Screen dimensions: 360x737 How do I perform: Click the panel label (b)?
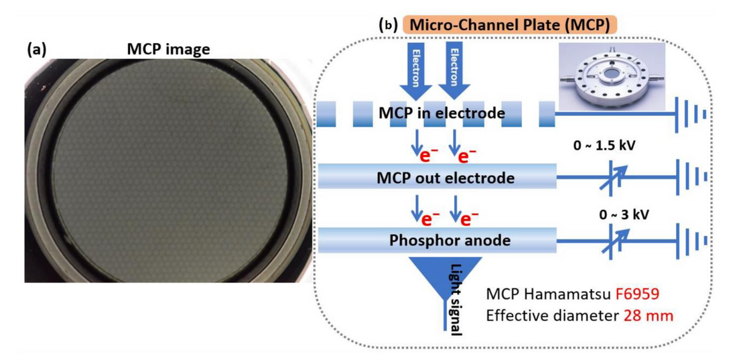tap(388, 25)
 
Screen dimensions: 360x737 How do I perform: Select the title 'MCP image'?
tap(168, 49)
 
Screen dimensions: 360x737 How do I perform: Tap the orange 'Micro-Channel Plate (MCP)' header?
tap(509, 25)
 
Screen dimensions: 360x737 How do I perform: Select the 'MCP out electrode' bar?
tap(436, 178)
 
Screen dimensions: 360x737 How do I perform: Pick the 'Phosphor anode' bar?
tap(436, 239)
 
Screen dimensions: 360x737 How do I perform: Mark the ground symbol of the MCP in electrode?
tap(691, 114)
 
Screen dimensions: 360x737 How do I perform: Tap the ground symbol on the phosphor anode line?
tap(691, 240)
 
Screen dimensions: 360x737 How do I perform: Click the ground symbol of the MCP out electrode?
tap(691, 177)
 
